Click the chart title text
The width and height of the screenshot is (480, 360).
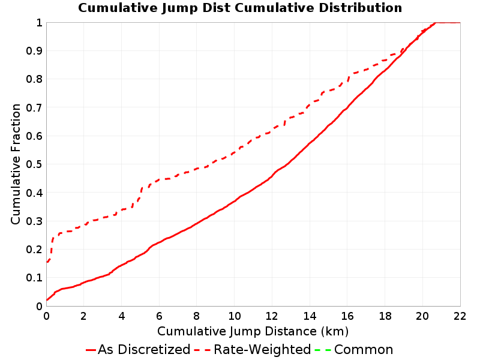[240, 8]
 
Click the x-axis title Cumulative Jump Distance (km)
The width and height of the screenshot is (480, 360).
[253, 331]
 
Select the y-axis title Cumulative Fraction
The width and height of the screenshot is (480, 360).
[16, 164]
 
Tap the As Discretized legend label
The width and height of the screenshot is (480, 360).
[144, 350]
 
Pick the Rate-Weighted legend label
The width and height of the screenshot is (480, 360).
[262, 350]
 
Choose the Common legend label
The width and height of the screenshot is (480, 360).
[364, 350]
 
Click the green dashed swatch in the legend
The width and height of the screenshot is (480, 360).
[323, 350]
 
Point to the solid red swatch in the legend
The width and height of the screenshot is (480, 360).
[91, 350]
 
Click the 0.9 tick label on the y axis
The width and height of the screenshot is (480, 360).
[34, 51]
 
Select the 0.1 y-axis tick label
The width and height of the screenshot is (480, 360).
[34, 278]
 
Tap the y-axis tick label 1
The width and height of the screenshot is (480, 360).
[39, 23]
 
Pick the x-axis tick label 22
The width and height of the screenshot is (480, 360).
[460, 316]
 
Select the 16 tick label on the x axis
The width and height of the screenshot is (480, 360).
[347, 316]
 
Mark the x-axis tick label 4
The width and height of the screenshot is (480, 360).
[122, 316]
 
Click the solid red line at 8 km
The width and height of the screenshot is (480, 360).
[197, 223]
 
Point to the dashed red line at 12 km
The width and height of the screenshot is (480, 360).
[272, 130]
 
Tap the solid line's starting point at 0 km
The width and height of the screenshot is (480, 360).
[47, 300]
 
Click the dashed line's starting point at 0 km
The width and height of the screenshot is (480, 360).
[47, 262]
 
